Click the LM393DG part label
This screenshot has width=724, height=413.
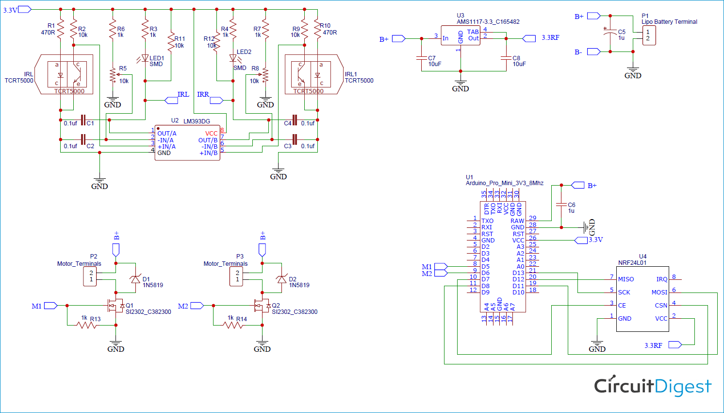pyautogui.click(x=197, y=121)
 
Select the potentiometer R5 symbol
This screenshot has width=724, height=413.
pyautogui.click(x=113, y=75)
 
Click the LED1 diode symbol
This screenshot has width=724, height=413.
pyautogui.click(x=145, y=58)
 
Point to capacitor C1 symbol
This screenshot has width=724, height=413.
pyautogui.click(x=83, y=120)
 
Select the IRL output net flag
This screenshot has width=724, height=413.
pyautogui.click(x=171, y=101)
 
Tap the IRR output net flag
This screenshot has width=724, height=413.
pyautogui.click(x=216, y=101)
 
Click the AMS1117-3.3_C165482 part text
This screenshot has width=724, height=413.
pyautogui.click(x=488, y=22)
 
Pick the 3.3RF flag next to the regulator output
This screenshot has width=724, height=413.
pyautogui.click(x=529, y=38)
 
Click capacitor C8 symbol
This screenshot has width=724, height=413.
pyautogui.click(x=506, y=58)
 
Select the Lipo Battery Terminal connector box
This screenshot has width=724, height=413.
pyautogui.click(x=649, y=35)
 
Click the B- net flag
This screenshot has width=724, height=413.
pyautogui.click(x=594, y=52)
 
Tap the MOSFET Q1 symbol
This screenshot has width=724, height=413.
pyautogui.click(x=115, y=306)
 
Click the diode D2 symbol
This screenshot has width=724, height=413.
pyautogui.click(x=281, y=279)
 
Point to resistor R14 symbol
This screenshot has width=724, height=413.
pyautogui.click(x=233, y=325)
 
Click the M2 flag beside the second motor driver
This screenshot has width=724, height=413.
pyautogui.click(x=197, y=306)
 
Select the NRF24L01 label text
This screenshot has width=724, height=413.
pyautogui.click(x=632, y=263)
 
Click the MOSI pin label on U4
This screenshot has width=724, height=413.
pyautogui.click(x=659, y=293)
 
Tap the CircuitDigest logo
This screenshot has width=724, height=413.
pyautogui.click(x=653, y=386)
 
